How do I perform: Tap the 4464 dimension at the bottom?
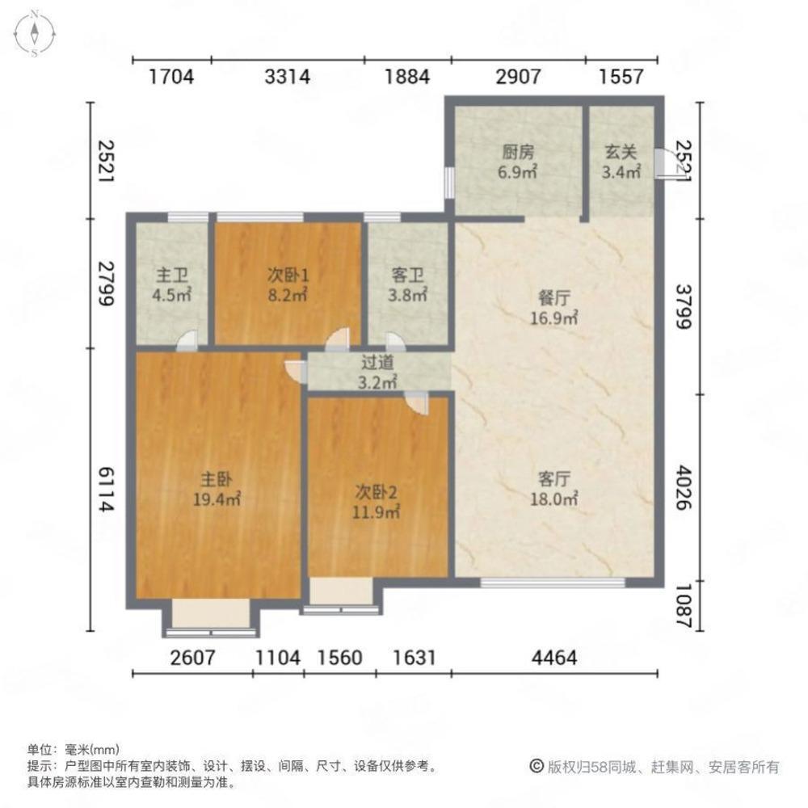pyautogui.click(x=554, y=659)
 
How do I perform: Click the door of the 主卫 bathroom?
pyautogui.click(x=187, y=341)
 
